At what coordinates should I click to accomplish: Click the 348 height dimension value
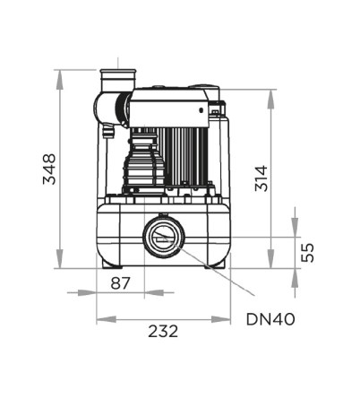[49, 169]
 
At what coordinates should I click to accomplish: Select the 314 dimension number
[261, 178]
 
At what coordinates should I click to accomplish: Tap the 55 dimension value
[307, 253]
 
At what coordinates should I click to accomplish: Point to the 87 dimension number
[121, 283]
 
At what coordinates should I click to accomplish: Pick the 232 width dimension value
[163, 331]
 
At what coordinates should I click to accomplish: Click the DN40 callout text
[270, 319]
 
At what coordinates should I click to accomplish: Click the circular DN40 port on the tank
[163, 237]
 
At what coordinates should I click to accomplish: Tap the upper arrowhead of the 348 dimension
[60, 79]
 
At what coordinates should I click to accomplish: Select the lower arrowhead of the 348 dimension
[60, 259]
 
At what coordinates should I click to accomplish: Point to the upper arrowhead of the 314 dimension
[270, 99]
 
